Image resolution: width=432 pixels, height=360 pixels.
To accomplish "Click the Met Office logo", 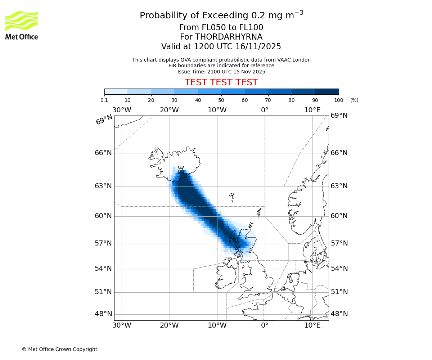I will (22, 25).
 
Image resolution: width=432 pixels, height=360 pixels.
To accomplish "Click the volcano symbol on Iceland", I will (181, 170).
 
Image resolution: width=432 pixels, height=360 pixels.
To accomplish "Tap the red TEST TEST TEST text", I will (221, 83).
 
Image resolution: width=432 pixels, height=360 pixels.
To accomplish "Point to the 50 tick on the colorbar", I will (221, 94).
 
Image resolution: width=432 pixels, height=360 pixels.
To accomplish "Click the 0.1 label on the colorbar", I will (104, 100).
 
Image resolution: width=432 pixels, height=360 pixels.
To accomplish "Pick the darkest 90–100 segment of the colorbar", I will (327, 91).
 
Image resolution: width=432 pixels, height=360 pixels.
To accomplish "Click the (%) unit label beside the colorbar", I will (354, 100).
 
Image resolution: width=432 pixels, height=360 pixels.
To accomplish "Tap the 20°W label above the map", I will (169, 110).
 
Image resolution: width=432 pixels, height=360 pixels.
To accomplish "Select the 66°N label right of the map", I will (339, 153).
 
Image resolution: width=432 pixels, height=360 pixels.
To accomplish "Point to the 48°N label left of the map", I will (103, 314).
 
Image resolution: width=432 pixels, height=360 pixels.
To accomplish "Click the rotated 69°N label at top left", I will (104, 120).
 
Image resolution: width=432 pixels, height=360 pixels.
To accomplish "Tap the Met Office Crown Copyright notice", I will (59, 349).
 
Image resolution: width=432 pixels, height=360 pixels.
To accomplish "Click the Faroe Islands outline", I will (233, 197).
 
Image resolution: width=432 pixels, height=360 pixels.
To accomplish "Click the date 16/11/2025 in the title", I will (258, 47).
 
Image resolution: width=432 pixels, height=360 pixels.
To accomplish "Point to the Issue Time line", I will (221, 72).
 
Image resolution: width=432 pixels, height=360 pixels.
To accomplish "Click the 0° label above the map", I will (265, 110).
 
